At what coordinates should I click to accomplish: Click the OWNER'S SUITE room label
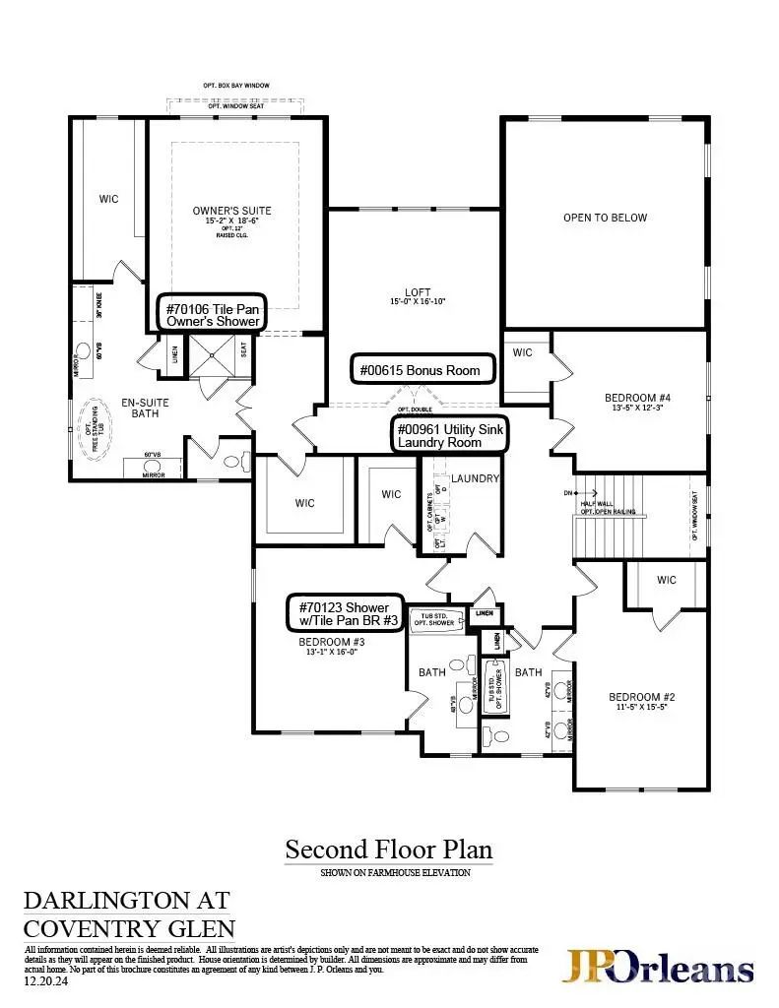click(231, 211)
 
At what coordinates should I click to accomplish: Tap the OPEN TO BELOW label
click(605, 218)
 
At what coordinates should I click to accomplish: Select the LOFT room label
click(418, 291)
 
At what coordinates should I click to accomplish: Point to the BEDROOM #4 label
click(637, 399)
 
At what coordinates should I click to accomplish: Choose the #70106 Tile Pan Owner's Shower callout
click(212, 314)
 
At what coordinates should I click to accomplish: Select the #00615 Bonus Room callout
click(422, 370)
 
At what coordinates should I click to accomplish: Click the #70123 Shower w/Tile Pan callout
click(345, 613)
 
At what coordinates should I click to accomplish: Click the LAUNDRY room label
click(476, 479)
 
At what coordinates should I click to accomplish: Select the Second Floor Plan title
click(388, 849)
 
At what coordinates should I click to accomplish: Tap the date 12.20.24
click(43, 981)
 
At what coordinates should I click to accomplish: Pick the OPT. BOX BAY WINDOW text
click(236, 87)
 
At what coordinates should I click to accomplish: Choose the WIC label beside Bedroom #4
click(522, 352)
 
